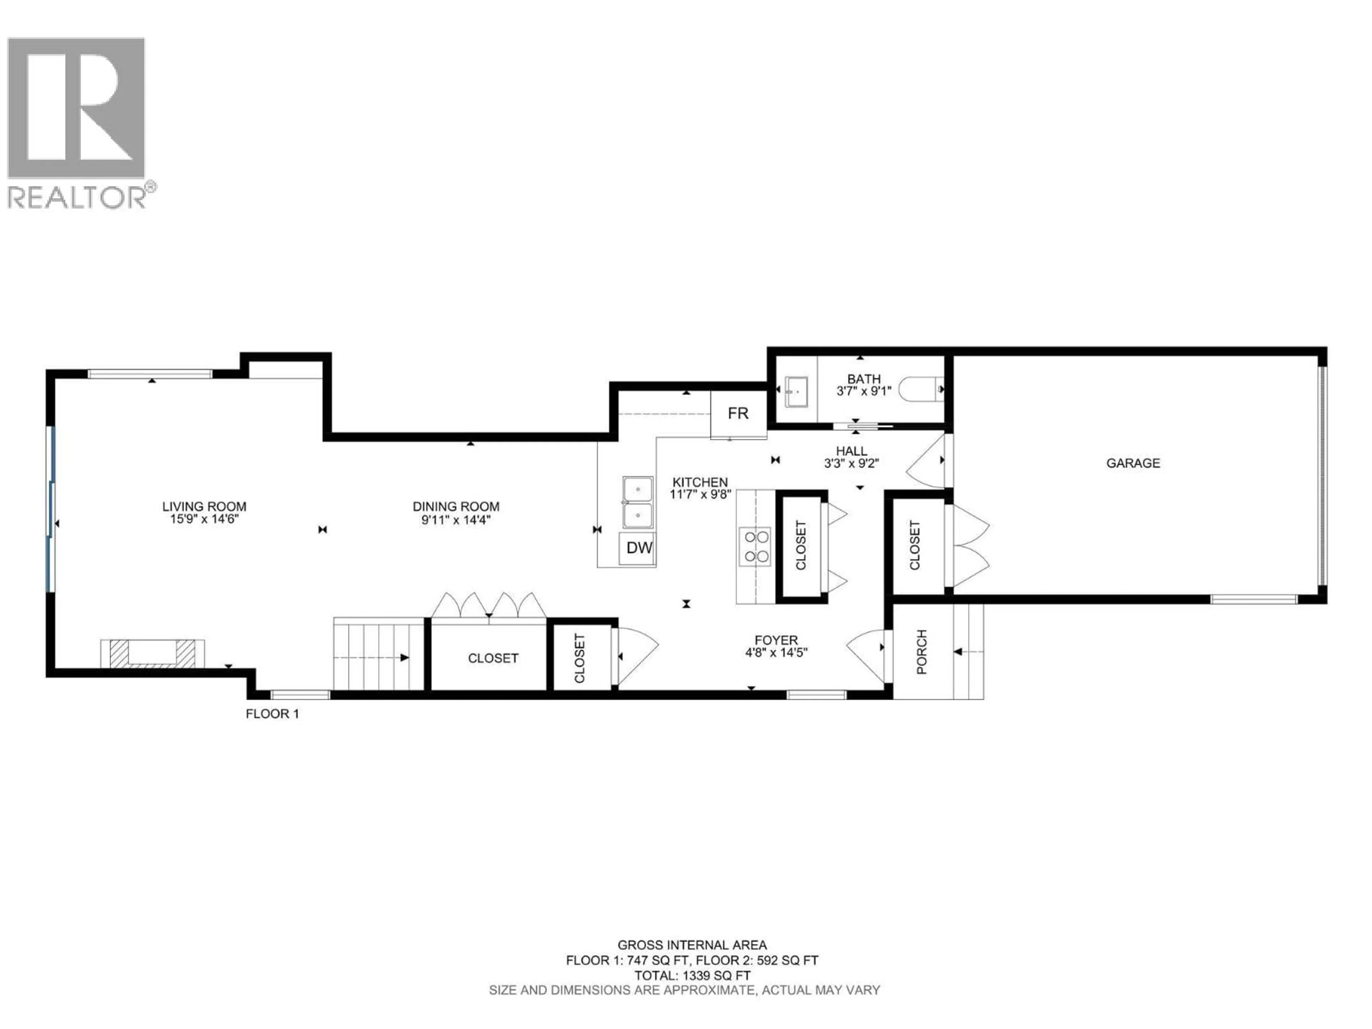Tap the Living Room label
coord(204,507)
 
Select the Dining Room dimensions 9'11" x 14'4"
coord(456,520)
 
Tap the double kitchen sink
coord(638,502)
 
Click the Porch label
coord(922,652)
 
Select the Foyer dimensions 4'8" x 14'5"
coord(776,652)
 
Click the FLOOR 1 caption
coord(272,714)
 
